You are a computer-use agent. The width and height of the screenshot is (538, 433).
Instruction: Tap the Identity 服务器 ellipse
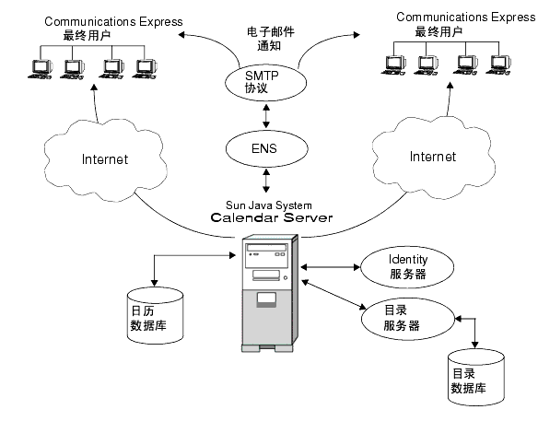point(406,266)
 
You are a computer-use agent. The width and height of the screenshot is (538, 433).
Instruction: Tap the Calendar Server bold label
point(271,218)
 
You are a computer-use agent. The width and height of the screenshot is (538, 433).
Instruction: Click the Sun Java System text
point(266,205)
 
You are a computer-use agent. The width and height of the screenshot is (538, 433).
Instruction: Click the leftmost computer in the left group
point(41,69)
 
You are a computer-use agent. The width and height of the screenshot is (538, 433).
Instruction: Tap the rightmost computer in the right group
point(499,65)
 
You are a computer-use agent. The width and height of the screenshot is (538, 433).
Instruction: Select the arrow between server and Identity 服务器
point(328,268)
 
